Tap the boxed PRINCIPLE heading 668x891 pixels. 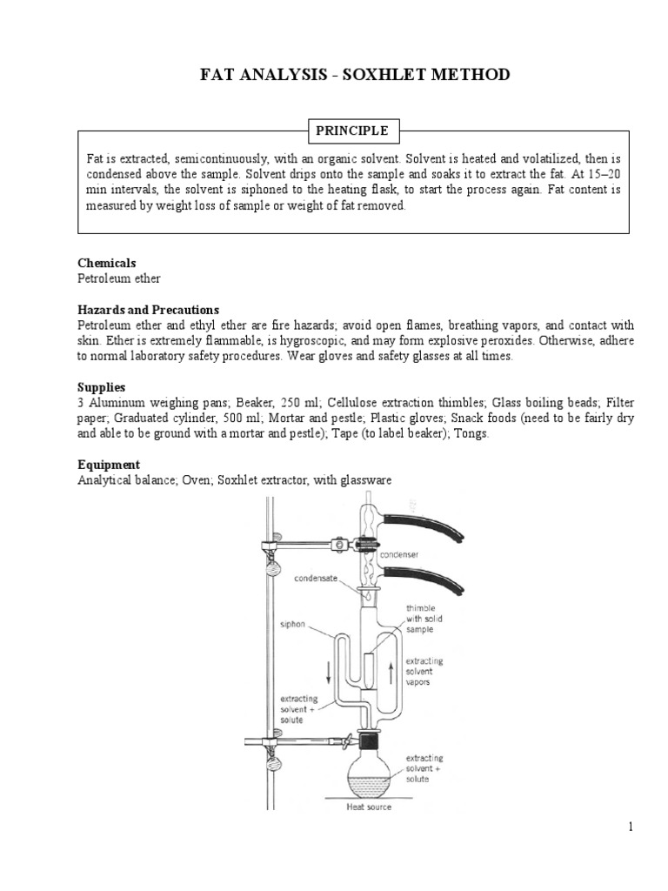pyautogui.click(x=352, y=131)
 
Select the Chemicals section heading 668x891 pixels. pyautogui.click(x=107, y=263)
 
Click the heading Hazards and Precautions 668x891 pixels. pyautogui.click(x=148, y=310)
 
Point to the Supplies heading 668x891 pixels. pyautogui.click(x=102, y=385)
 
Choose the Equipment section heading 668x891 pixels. pyautogui.click(x=109, y=465)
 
